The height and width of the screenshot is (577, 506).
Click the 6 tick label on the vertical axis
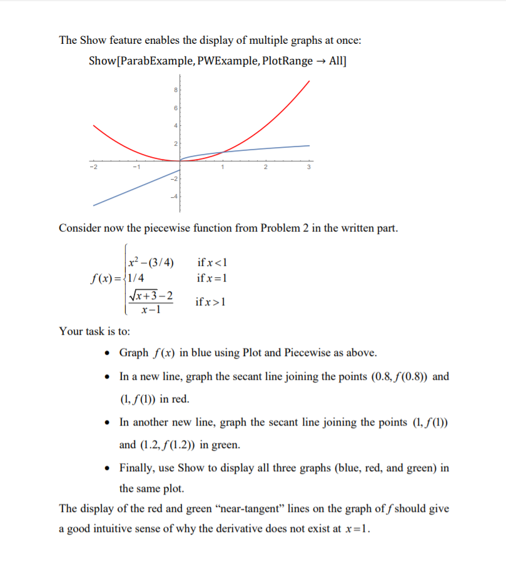[x=176, y=108]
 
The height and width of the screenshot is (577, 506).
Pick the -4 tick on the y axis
[x=175, y=197]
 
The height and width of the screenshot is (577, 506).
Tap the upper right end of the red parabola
[x=309, y=83]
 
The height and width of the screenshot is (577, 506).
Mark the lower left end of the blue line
[x=94, y=205]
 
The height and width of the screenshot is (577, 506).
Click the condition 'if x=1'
[x=211, y=278]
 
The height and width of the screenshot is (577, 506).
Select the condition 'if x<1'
[x=211, y=262]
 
